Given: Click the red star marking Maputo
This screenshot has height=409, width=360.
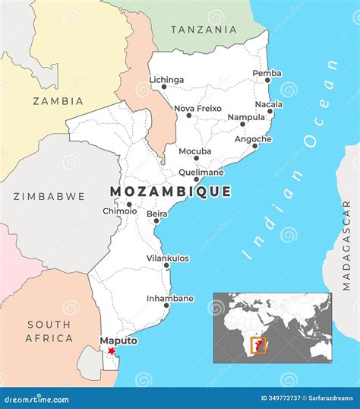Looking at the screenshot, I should [x=112, y=350].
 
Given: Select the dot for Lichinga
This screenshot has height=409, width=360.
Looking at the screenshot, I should [x=164, y=87].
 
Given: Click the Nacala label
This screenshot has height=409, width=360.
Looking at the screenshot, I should [x=269, y=104].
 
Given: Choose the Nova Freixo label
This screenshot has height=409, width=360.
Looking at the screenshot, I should [x=197, y=108].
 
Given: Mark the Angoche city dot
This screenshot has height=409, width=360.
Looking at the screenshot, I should [x=255, y=146].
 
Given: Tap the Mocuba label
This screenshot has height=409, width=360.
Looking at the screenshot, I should [x=195, y=151].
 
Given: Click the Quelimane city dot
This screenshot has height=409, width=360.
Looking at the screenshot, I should [x=196, y=180].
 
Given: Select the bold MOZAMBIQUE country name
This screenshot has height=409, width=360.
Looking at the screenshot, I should [x=170, y=192].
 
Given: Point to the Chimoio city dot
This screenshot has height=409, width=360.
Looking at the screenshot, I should [x=129, y=204].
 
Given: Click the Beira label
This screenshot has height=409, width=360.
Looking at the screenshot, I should [x=157, y=214].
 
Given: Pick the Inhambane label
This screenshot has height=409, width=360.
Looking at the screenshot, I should [x=170, y=299].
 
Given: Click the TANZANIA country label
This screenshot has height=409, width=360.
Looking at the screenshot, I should [x=203, y=30].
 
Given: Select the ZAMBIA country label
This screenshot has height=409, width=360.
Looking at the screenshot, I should [x=58, y=100].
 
